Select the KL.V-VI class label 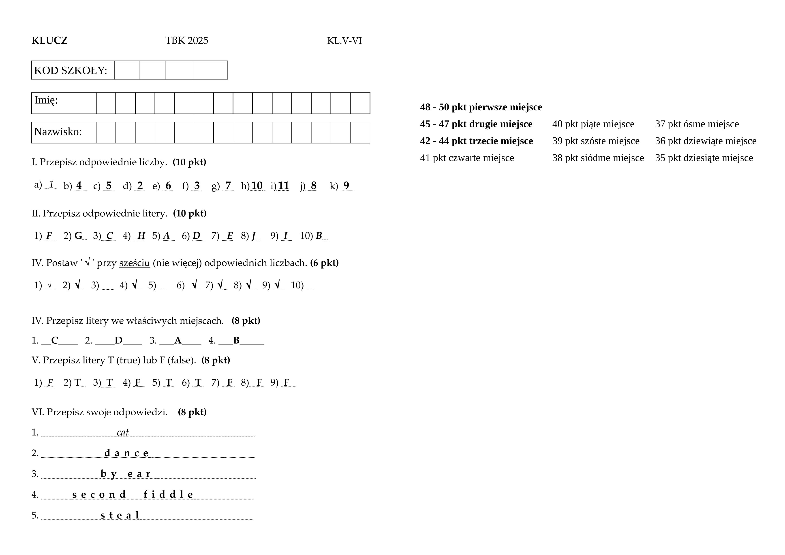344,41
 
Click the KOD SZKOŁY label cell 71,70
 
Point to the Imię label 46,100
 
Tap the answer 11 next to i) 283,186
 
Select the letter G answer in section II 78,235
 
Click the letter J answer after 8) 254,235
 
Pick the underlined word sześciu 135,263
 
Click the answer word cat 123,432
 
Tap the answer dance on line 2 126,453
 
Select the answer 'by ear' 126,474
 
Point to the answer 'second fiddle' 133,495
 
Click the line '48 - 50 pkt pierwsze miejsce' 481,107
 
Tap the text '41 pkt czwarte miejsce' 467,158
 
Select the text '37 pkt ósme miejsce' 697,124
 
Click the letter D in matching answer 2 118,340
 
